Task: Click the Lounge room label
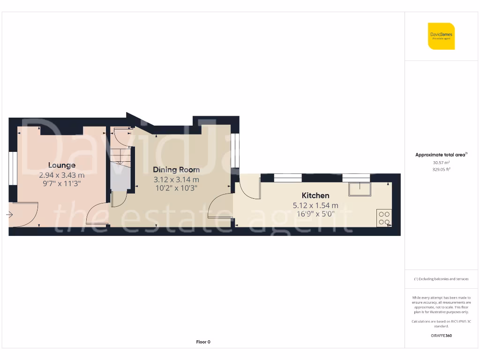pos(61,165)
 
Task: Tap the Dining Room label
pos(176,170)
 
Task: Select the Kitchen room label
pos(315,195)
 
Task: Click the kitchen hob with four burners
pos(384,217)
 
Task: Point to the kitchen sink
pos(359,189)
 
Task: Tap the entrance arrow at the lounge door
pos(9,215)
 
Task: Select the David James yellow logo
pos(441,36)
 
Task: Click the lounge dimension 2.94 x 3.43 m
pos(61,175)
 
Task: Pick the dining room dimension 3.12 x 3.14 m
pos(176,180)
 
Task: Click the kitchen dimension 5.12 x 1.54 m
pos(315,205)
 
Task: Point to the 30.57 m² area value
pos(441,163)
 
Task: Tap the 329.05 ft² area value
pos(441,170)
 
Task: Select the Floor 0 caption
pos(203,342)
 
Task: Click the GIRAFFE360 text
pos(441,336)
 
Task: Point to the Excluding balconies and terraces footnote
pos(441,279)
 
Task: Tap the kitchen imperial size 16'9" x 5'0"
pos(315,214)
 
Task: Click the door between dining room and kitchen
pos(221,206)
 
